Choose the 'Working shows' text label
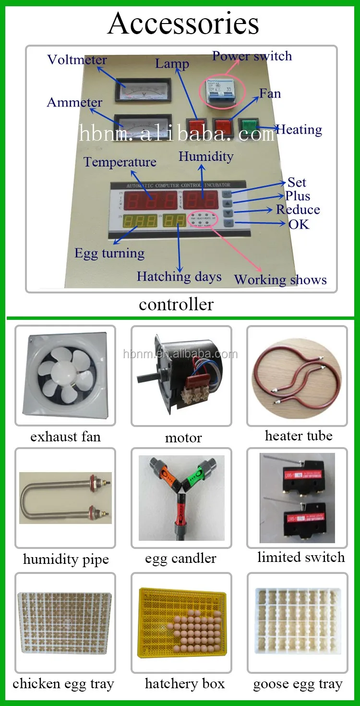(280, 280)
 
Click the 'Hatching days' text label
(179, 277)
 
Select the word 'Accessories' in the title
(183, 23)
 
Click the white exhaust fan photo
(65, 375)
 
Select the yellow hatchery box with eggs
(181, 621)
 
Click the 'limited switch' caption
(301, 557)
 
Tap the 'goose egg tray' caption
(298, 684)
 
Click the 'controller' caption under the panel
(176, 304)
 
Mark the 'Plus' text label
(298, 196)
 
